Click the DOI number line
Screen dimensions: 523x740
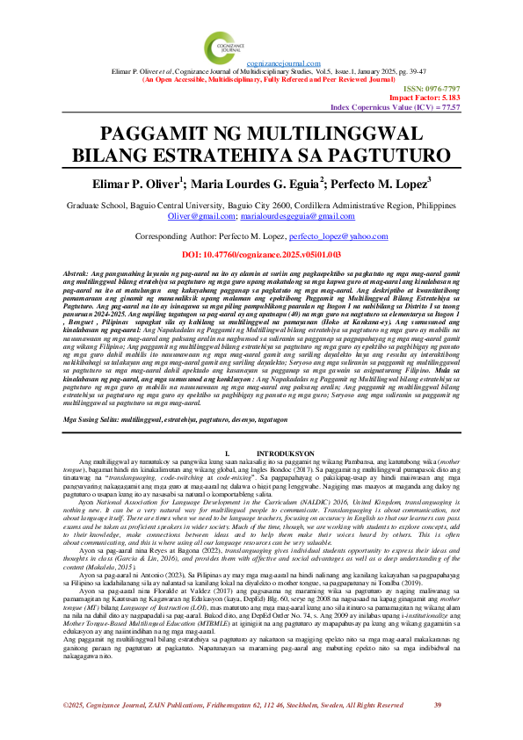point(261,255)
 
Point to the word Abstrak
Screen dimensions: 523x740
point(77,275)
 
